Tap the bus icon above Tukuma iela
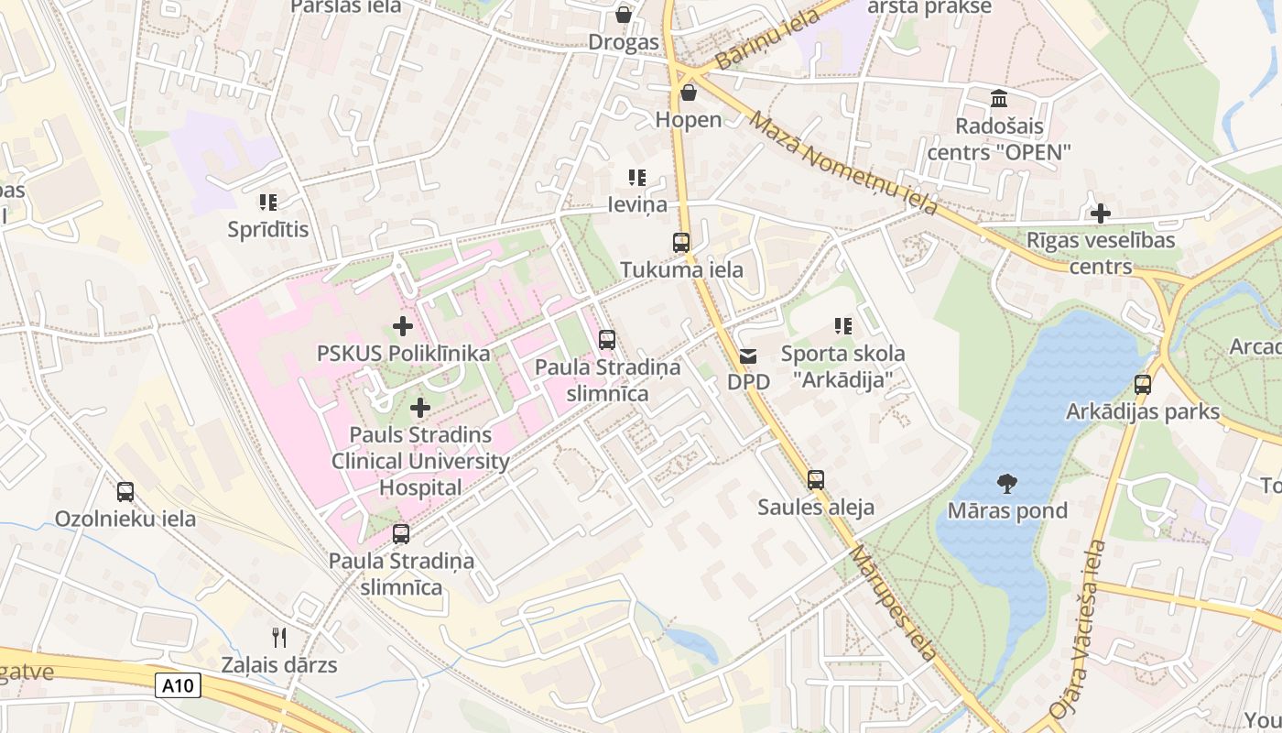[681, 243]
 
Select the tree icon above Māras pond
[1007, 483]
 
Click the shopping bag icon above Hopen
[689, 93]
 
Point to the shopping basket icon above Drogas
[624, 15]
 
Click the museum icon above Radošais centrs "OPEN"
[999, 98]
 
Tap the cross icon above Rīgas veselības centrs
[1101, 213]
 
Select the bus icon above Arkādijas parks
[1143, 384]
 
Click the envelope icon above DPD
[748, 356]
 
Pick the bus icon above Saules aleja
[816, 479]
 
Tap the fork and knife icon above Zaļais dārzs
[279, 637]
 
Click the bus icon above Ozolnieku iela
[125, 491]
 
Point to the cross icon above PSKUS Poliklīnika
[402, 325]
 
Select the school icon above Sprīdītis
[267, 202]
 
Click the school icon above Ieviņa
[637, 178]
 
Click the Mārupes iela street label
[893, 602]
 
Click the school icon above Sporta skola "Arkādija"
[843, 325]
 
